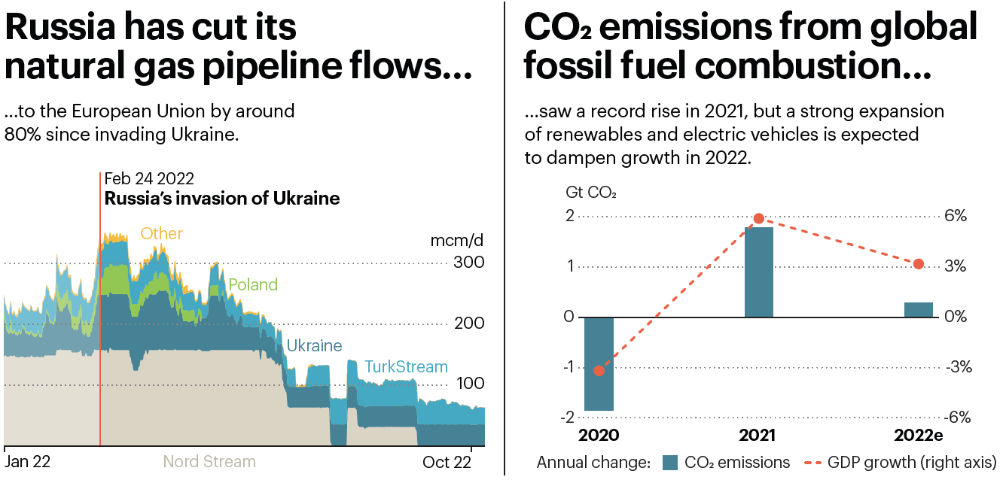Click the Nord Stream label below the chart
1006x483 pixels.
(x=209, y=461)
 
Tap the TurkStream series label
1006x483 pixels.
(x=406, y=367)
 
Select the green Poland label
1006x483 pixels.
(x=253, y=285)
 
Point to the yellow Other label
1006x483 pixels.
(x=161, y=233)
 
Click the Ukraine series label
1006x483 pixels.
(x=314, y=346)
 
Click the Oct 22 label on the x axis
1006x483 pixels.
(x=447, y=461)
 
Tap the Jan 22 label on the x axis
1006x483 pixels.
(x=27, y=461)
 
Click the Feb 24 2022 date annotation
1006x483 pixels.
(x=149, y=178)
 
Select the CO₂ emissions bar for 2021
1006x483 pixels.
(x=758, y=272)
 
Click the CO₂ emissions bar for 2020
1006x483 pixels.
(x=599, y=363)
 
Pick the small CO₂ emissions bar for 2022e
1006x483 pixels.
(x=918, y=309)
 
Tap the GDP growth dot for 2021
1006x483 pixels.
(x=759, y=218)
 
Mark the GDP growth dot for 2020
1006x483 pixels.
(x=599, y=370)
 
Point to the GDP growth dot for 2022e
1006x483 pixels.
(x=918, y=264)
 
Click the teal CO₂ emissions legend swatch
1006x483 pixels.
(x=670, y=462)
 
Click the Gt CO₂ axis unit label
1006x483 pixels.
(x=591, y=191)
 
